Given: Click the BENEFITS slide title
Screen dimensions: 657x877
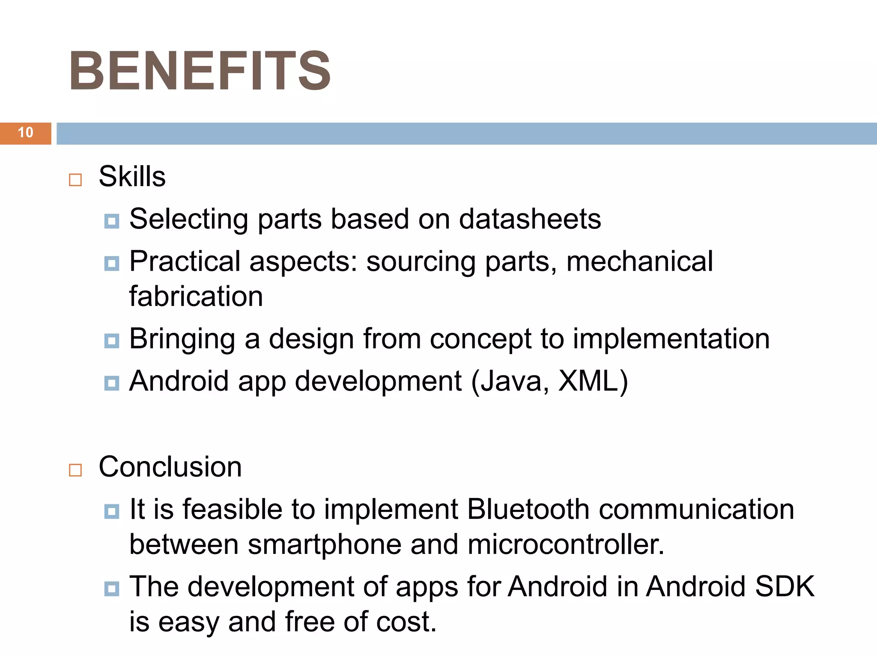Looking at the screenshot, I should [x=200, y=71].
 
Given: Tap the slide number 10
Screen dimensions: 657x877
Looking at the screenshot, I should [x=26, y=133].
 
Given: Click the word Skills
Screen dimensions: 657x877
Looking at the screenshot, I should [x=132, y=176].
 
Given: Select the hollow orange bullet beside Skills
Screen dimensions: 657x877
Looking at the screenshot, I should [x=75, y=180].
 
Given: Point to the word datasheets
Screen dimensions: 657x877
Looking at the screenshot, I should [x=530, y=219].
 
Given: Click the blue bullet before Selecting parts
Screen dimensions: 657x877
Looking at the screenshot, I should [x=112, y=221].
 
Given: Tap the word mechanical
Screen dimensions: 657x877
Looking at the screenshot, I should [x=639, y=261].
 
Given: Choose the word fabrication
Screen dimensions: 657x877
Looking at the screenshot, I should [x=196, y=296].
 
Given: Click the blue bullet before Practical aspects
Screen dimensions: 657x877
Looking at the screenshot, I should [x=112, y=263].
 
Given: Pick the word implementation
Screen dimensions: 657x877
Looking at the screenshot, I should [x=671, y=339].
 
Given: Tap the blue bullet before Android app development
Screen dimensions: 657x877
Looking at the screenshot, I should [x=112, y=383].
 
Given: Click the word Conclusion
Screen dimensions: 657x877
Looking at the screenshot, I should [x=170, y=467].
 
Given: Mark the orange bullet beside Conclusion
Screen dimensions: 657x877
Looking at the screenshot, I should [x=75, y=470].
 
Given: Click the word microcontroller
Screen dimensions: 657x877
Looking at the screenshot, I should [x=565, y=545].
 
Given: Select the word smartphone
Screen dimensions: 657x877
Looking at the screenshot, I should [x=325, y=545].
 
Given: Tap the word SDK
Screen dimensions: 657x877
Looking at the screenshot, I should [x=785, y=586].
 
